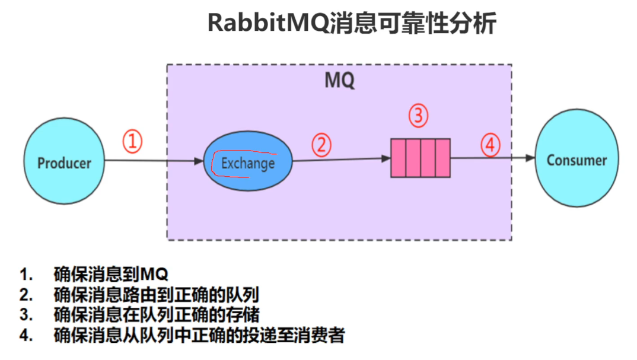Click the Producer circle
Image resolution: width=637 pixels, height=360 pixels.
[x=64, y=161]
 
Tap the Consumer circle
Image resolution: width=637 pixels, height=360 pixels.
[x=577, y=158]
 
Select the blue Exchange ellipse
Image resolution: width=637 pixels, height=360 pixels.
[x=248, y=161]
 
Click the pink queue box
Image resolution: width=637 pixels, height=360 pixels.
[x=421, y=158]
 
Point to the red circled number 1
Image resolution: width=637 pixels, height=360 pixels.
[x=132, y=141]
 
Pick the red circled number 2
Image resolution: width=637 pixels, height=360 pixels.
[x=321, y=145]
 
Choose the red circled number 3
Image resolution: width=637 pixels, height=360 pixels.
[x=418, y=116]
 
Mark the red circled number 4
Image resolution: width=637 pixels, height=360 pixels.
[x=491, y=145]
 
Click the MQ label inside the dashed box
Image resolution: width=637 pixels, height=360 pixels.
[x=340, y=80]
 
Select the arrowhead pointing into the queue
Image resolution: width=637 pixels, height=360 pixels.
[x=386, y=158]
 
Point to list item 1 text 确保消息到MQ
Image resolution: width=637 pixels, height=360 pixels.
[x=111, y=274]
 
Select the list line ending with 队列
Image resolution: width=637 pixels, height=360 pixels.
[x=157, y=295]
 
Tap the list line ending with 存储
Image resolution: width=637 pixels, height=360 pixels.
[x=157, y=315]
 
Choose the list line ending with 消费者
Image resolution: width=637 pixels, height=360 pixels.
[x=199, y=335]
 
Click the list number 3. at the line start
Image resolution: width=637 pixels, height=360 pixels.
[x=26, y=315]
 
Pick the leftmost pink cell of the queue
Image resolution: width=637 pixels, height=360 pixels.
[x=398, y=158]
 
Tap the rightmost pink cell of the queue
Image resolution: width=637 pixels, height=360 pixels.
[x=443, y=158]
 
